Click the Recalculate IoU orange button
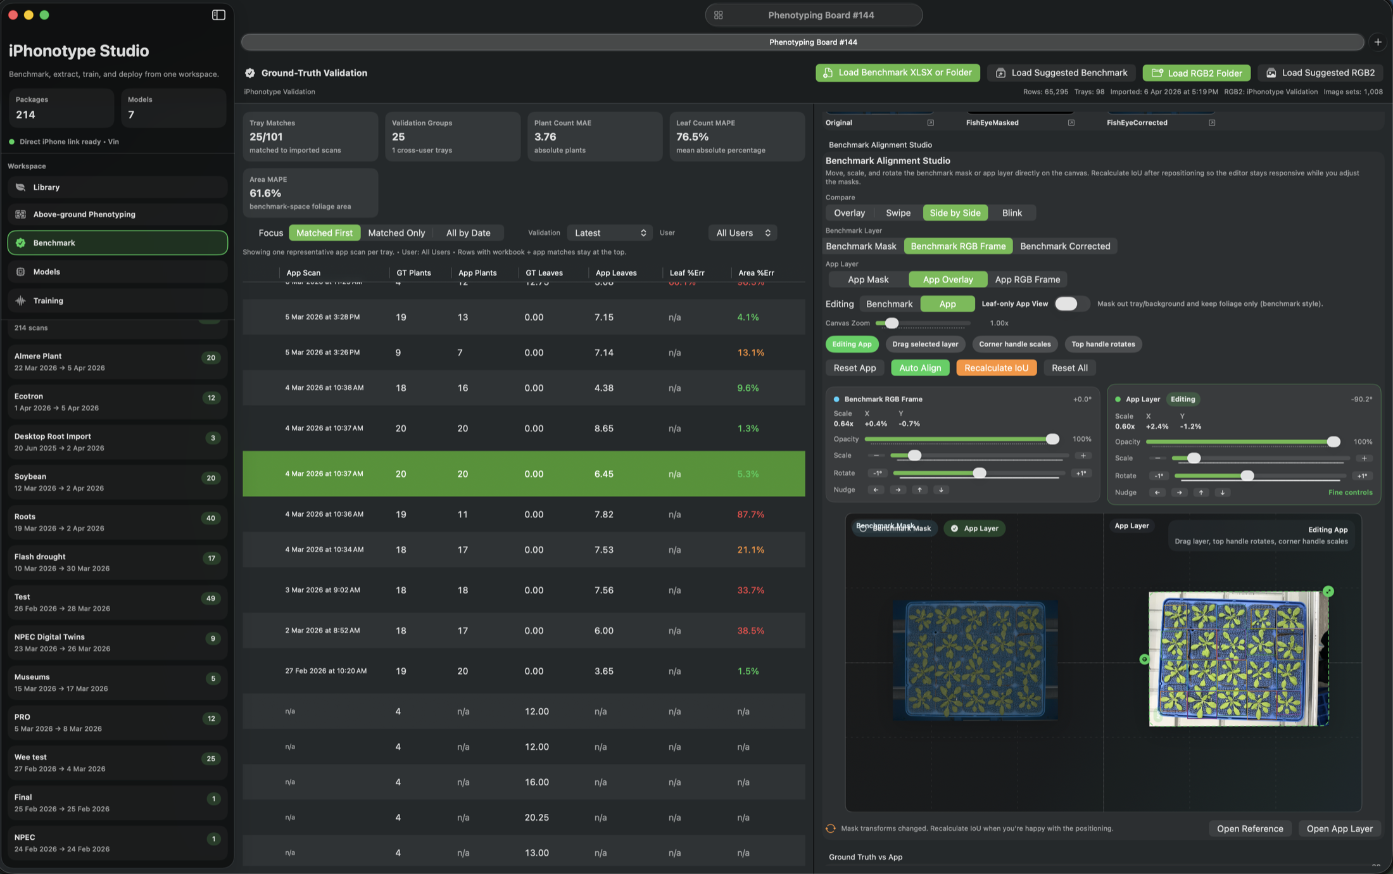tap(996, 368)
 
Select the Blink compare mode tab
tap(1011, 213)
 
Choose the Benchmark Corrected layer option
tap(1064, 246)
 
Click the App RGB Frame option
tap(1027, 279)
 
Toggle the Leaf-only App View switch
tap(1070, 304)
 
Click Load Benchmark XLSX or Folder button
tap(897, 73)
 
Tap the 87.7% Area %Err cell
tap(750, 514)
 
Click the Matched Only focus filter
tap(396, 233)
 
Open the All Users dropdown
tap(742, 233)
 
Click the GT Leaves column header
tap(544, 273)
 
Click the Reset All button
tap(1069, 368)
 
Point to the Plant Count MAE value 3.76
tap(545, 137)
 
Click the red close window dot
tap(13, 15)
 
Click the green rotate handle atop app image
tap(1328, 592)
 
